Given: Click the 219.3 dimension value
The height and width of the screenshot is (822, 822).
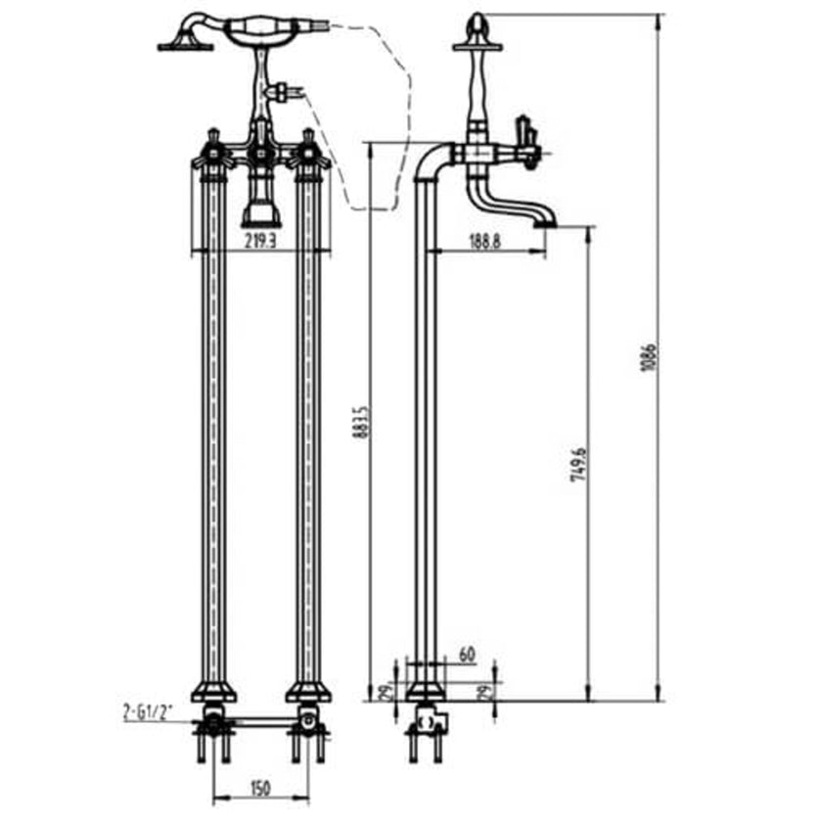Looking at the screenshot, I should [x=259, y=238].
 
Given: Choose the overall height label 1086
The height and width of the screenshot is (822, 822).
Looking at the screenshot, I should [x=646, y=358].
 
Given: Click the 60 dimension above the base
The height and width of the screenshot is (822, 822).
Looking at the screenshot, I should [x=466, y=653].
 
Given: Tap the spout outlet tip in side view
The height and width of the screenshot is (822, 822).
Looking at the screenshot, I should [x=544, y=223].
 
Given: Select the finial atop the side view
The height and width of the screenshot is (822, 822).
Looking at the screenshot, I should [x=477, y=23].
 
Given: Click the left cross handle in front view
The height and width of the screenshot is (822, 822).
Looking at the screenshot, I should [x=212, y=152].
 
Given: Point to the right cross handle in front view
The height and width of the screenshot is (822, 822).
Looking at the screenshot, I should [x=308, y=152].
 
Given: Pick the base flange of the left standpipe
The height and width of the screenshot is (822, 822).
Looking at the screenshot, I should [x=212, y=693].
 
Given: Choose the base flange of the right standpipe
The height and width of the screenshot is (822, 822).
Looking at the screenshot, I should [x=308, y=693].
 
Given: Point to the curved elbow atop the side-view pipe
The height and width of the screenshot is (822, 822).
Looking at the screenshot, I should [x=431, y=161].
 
